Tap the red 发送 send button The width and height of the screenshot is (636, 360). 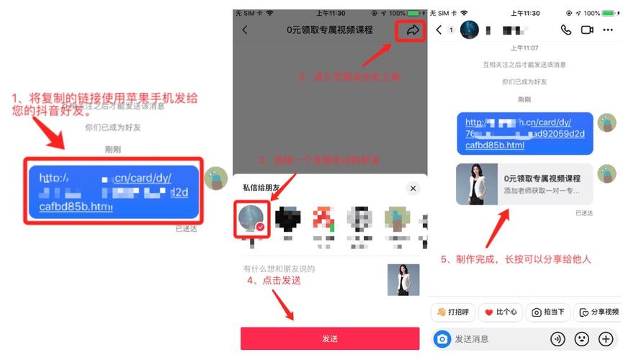coord(329,338)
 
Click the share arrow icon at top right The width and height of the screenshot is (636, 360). coord(413,30)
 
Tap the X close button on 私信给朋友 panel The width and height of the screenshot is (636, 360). coord(413,188)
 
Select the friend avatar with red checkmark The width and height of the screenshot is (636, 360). coord(253,219)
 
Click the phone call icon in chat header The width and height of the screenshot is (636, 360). coord(566,30)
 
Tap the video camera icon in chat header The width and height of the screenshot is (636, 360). coord(587,30)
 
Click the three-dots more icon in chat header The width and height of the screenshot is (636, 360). coord(609,30)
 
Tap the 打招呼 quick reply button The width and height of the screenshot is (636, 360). coord(452,312)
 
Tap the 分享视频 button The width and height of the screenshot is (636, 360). coord(599,312)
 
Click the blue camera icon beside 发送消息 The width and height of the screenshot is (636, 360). coord(442,338)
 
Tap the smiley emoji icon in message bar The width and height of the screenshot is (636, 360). coord(582,338)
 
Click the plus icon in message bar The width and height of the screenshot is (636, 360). coord(606,338)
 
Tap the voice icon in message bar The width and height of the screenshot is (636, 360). coord(557,338)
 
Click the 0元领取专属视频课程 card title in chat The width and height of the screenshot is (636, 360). coord(542,177)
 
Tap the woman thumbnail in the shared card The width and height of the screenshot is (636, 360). coord(477,184)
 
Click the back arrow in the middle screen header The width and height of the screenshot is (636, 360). coord(245,30)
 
